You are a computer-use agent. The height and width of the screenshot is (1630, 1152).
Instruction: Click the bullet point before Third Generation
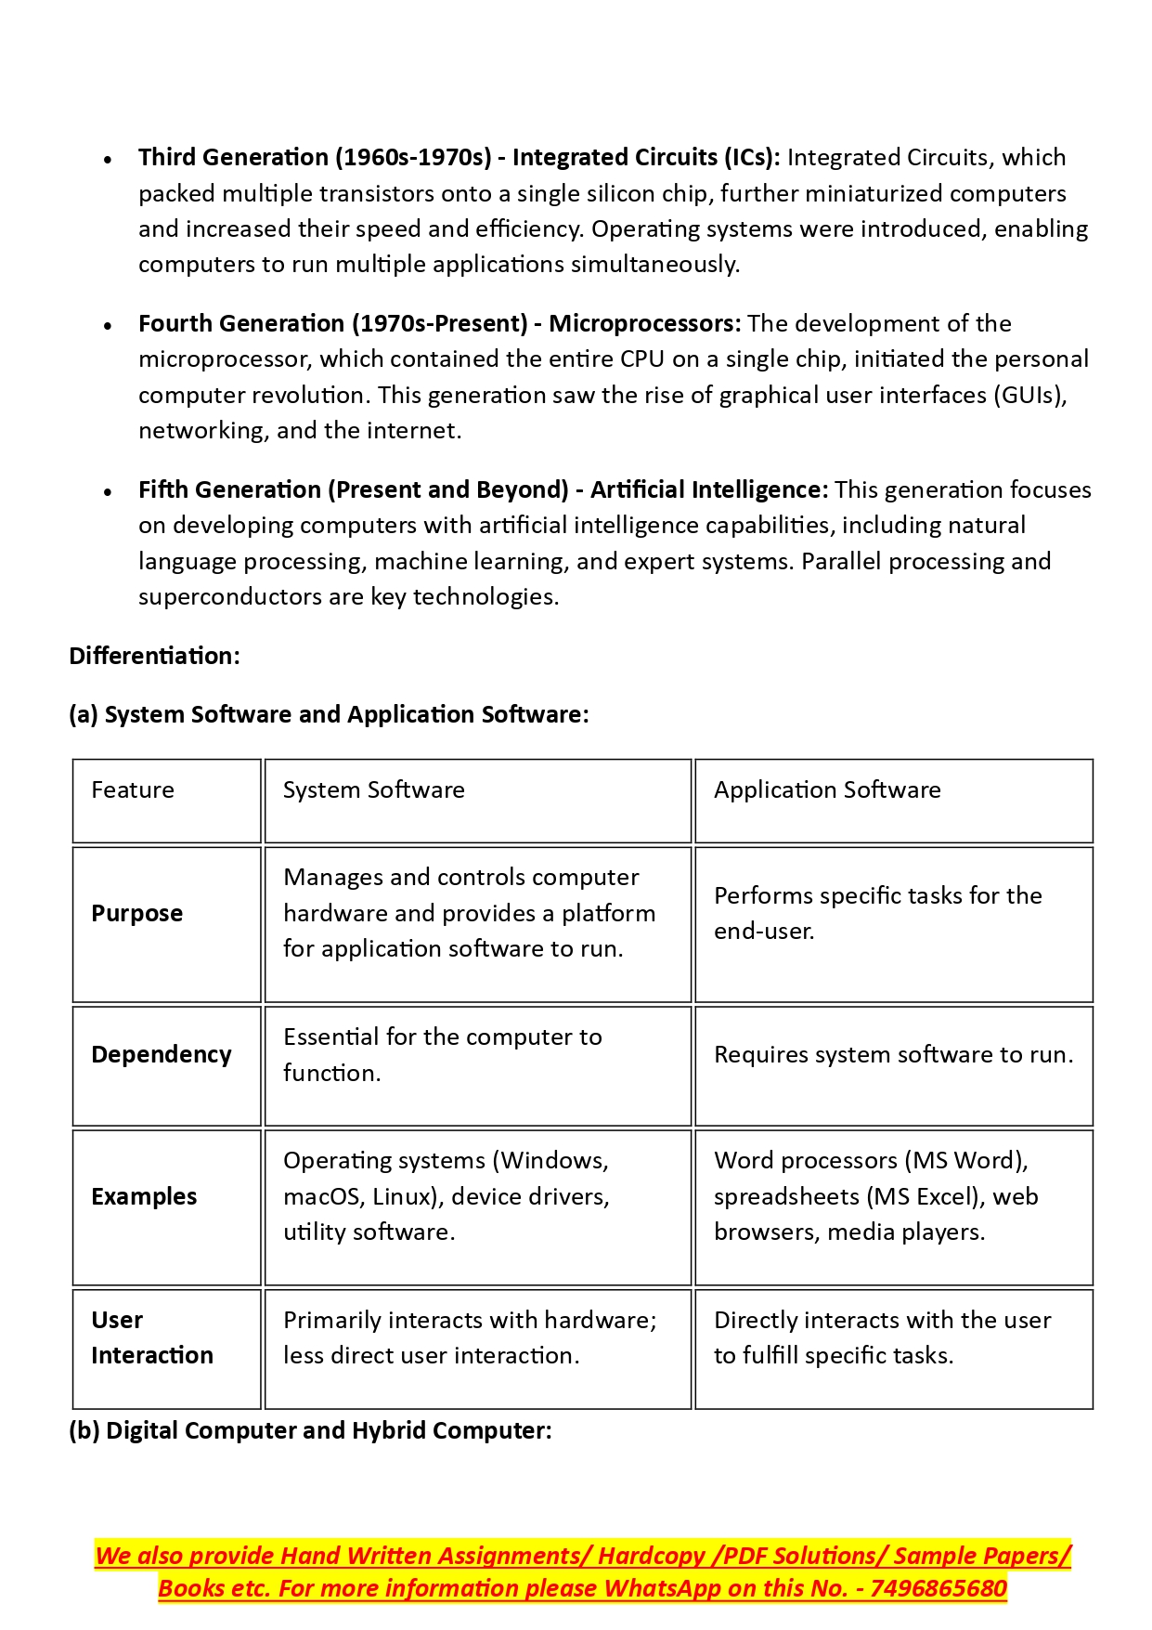tap(109, 160)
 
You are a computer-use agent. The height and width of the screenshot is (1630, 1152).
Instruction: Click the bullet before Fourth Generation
tap(109, 326)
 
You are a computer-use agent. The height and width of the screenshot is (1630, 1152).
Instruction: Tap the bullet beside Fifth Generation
tap(109, 492)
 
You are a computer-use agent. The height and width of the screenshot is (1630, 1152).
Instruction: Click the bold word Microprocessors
tap(644, 323)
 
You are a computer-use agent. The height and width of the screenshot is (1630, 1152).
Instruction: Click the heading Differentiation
tap(154, 656)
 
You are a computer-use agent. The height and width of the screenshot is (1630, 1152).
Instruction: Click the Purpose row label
tap(137, 914)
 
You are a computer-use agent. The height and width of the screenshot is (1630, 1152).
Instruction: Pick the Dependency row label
tap(162, 1055)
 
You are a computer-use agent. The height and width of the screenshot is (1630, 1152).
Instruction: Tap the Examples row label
tap(144, 1196)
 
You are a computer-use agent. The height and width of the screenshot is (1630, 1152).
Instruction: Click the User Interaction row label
tap(152, 1337)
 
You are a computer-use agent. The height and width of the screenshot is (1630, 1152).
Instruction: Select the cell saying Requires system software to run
tap(893, 1055)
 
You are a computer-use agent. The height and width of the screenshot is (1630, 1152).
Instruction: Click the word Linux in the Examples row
tap(404, 1196)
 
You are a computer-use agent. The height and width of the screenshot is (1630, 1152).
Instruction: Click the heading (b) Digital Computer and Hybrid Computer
tap(310, 1430)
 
